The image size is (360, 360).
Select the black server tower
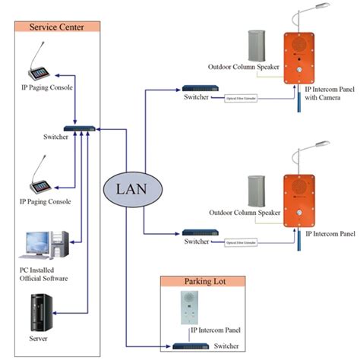[x=38, y=311]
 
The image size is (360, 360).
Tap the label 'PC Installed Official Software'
[x=44, y=274]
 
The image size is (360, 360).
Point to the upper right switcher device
[x=195, y=89]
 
